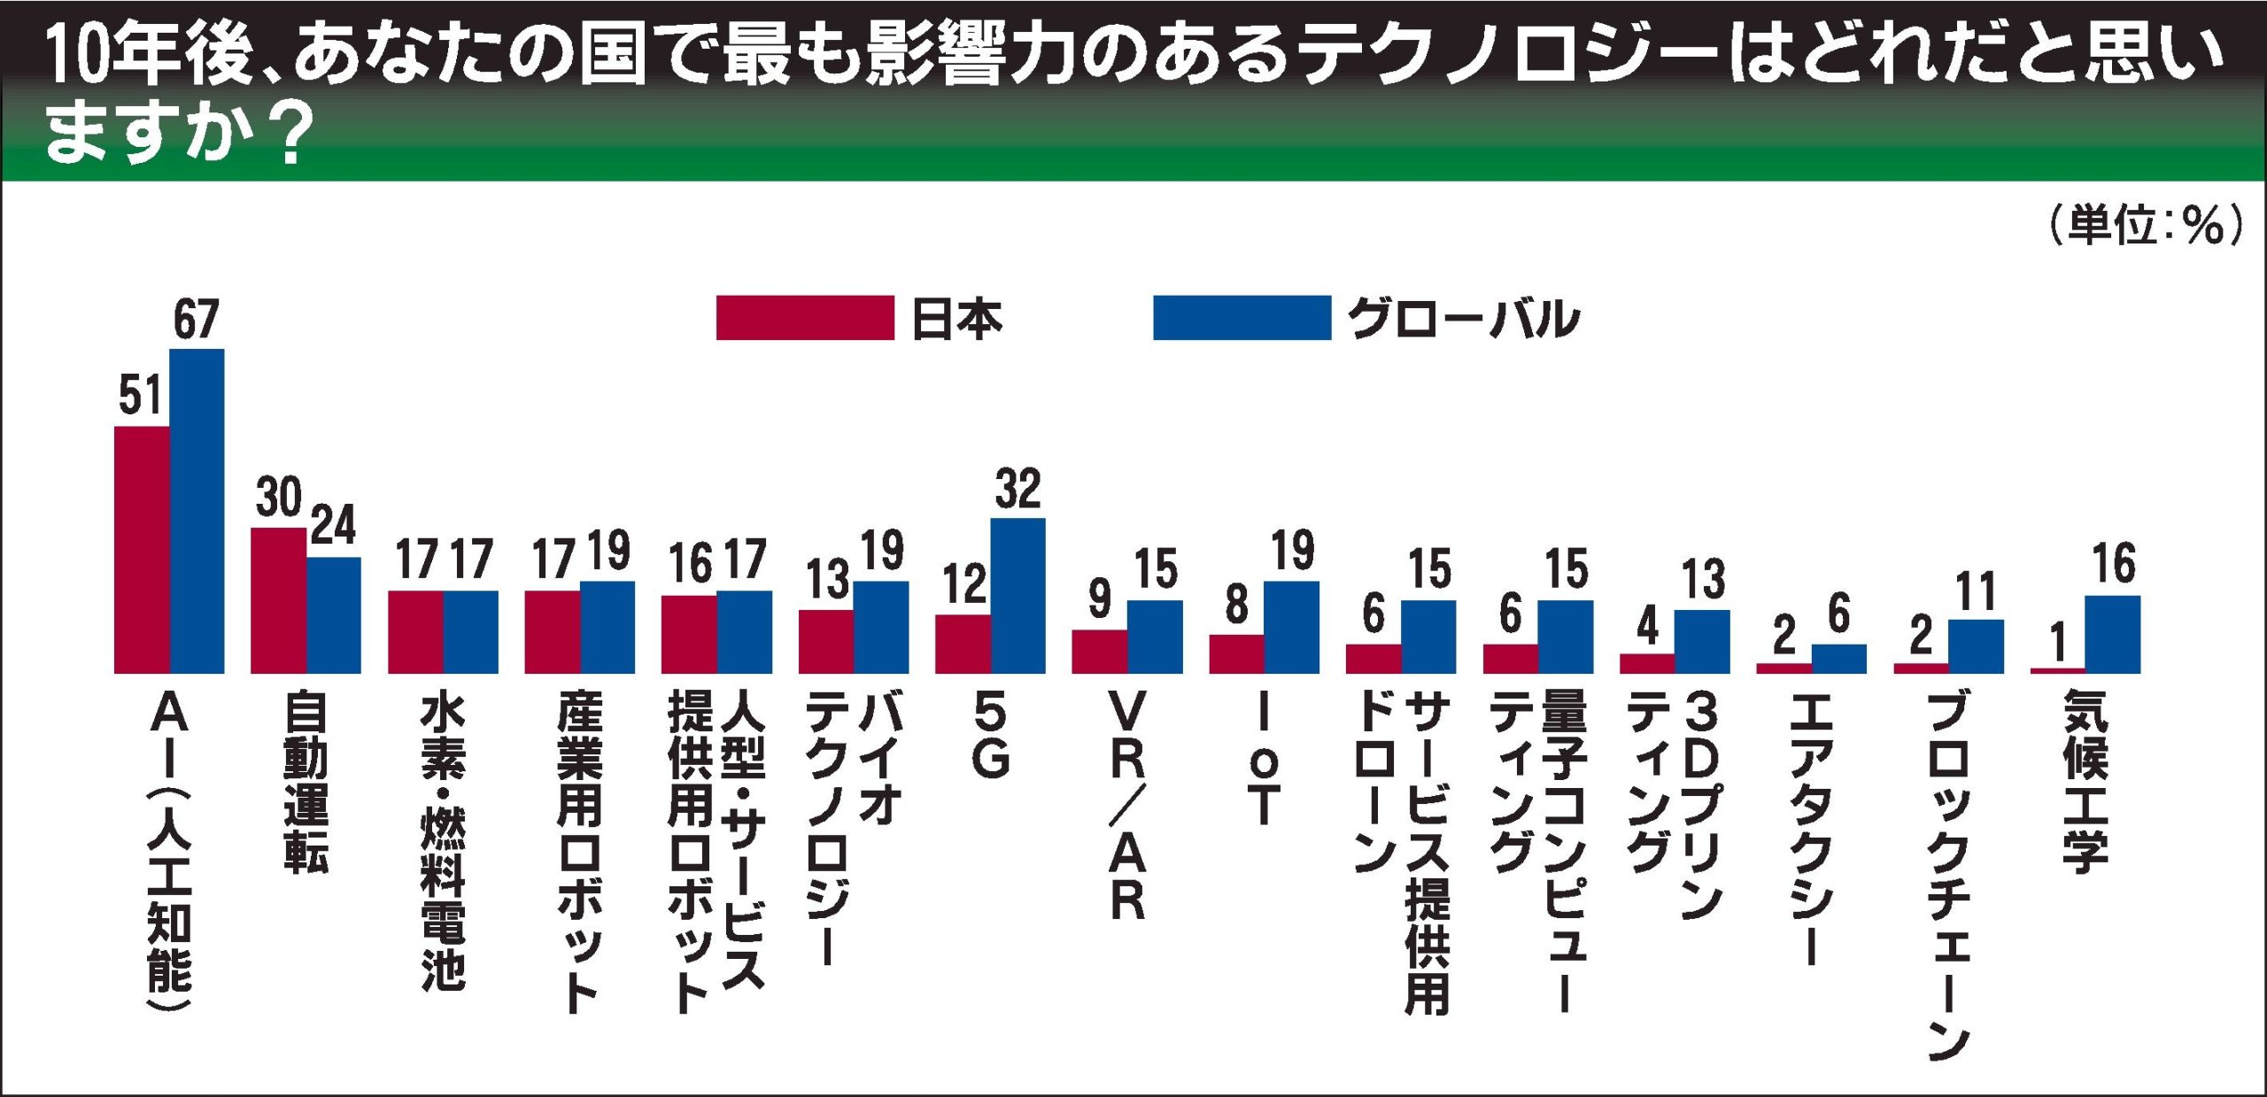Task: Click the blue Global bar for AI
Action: (x=197, y=511)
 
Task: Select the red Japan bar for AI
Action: (x=142, y=549)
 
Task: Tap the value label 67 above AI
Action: (x=196, y=320)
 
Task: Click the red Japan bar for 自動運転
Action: (x=278, y=600)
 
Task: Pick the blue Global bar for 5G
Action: (x=1017, y=595)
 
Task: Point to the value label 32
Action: (x=1017, y=489)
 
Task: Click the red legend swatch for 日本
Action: (x=804, y=318)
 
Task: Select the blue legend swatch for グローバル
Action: (x=1242, y=318)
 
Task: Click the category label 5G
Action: (x=990, y=735)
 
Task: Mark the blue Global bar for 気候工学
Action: (x=2113, y=634)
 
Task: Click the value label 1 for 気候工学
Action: (x=2059, y=643)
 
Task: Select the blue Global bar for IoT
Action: (x=1291, y=627)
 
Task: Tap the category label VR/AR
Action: (x=1127, y=806)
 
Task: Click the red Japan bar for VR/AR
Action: (x=1099, y=651)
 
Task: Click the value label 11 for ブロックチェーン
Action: (x=1976, y=591)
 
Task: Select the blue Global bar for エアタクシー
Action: (x=1839, y=658)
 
